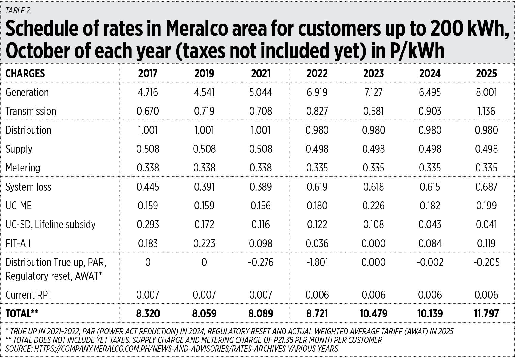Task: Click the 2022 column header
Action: (317, 73)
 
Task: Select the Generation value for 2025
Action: (486, 92)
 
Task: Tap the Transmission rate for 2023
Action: (373, 111)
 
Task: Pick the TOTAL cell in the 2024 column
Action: (430, 313)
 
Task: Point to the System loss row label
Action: (28, 187)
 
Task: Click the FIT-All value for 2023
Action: (373, 243)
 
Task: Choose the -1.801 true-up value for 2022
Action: (317, 262)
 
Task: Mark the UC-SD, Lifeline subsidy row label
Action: (50, 224)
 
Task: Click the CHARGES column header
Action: (25, 73)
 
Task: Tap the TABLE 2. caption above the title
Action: (18, 11)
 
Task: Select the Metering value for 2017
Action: (148, 168)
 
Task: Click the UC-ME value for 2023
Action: (373, 206)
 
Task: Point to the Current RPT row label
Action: (29, 295)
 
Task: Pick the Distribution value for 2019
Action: (204, 130)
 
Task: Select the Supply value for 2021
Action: (261, 149)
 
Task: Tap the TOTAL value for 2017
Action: (148, 313)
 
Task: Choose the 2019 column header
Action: (204, 73)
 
